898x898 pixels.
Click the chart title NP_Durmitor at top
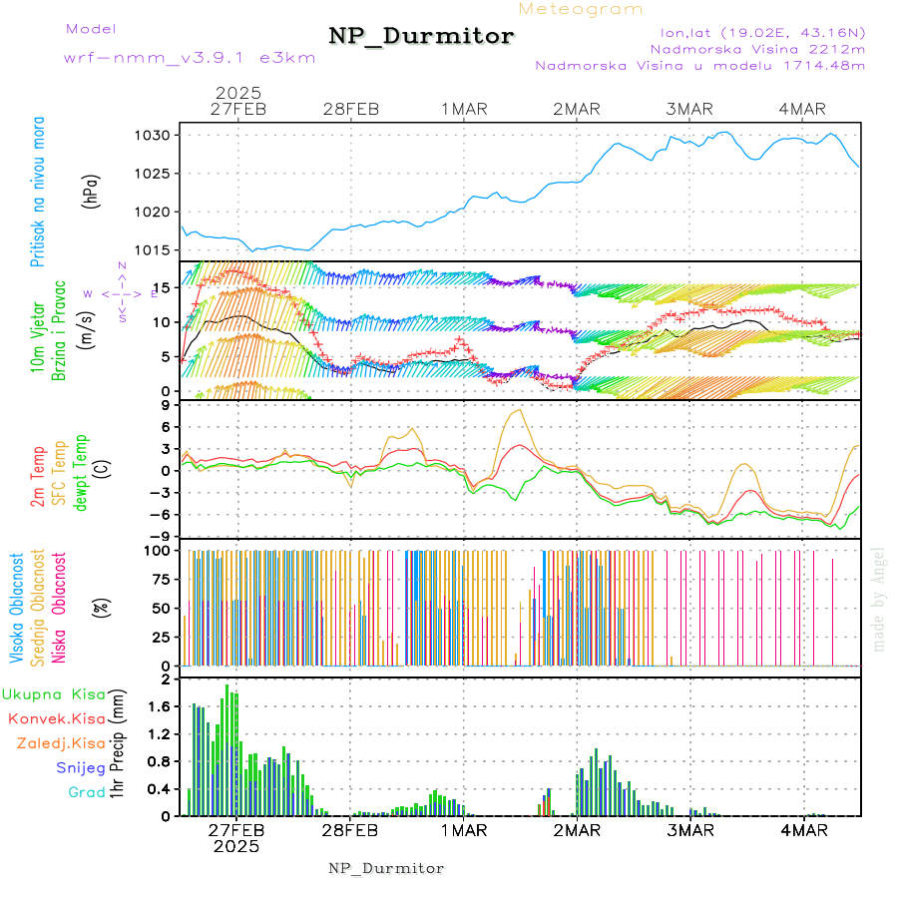(x=421, y=37)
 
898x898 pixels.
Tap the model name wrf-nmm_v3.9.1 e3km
(x=190, y=58)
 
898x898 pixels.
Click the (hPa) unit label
(x=91, y=192)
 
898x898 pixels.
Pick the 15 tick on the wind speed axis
(x=168, y=287)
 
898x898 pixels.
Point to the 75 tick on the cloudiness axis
(x=165, y=578)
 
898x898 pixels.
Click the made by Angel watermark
(x=878, y=599)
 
